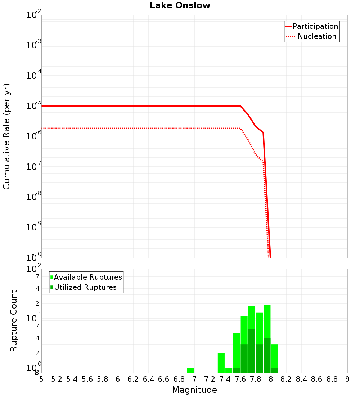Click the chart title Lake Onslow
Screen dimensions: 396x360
tap(180, 5)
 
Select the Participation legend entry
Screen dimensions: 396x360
tap(315, 26)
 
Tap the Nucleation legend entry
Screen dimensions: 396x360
tap(316, 36)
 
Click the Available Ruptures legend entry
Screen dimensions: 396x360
tap(88, 277)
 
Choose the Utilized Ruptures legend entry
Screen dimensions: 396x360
tap(85, 287)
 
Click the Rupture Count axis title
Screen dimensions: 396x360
tap(14, 320)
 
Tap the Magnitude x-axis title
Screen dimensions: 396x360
tap(194, 390)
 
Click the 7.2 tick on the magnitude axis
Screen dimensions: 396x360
tap(210, 379)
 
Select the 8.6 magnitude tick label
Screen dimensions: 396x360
tap(317, 379)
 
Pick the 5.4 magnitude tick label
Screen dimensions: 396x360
tap(72, 379)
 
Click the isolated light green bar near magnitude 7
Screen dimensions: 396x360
tap(190, 370)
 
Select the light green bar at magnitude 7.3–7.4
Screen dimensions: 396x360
tap(221, 363)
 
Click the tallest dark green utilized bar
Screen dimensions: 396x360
tap(252, 351)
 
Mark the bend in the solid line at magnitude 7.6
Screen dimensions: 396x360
tap(240, 106)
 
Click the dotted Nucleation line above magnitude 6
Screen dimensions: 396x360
tap(118, 128)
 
